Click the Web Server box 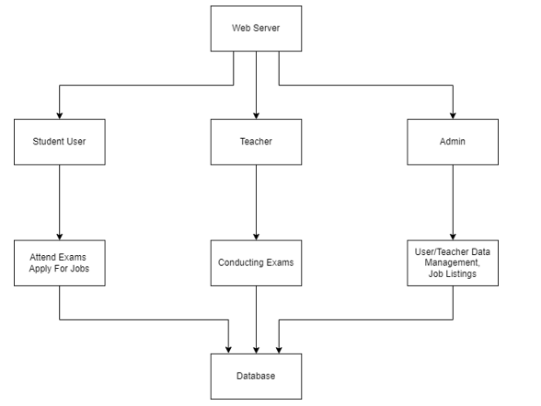click(x=256, y=29)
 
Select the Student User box click(x=60, y=142)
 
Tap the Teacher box click(x=256, y=142)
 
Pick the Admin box click(x=453, y=142)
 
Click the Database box click(x=256, y=377)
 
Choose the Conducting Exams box click(x=256, y=263)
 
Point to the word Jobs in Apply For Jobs click(x=80, y=269)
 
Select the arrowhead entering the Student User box click(x=60, y=115)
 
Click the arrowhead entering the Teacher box click(x=256, y=115)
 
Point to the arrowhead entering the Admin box click(x=453, y=115)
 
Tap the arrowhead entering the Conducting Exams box click(x=256, y=237)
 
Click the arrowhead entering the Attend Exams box click(x=60, y=237)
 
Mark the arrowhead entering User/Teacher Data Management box click(x=453, y=237)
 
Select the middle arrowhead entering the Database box click(x=256, y=350)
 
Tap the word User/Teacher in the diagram click(x=437, y=252)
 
